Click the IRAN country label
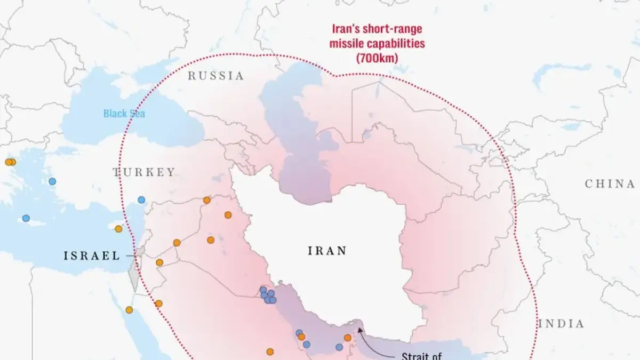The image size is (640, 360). click(x=327, y=250)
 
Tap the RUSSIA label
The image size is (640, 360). click(x=215, y=76)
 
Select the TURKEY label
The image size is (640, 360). click(x=143, y=172)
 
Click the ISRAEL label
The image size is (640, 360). click(x=92, y=256)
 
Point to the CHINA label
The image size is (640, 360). click(x=610, y=183)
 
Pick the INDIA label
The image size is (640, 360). click(x=561, y=324)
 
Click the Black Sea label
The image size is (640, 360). click(x=124, y=114)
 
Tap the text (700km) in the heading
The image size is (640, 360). click(x=378, y=58)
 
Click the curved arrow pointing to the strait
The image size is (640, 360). click(x=368, y=341)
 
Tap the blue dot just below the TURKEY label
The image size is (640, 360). click(x=141, y=199)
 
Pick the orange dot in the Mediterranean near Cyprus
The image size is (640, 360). click(x=118, y=228)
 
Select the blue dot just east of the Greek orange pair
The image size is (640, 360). click(x=52, y=181)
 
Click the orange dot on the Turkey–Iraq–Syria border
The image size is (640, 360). click(x=206, y=200)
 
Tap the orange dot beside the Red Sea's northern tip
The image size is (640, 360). click(x=129, y=309)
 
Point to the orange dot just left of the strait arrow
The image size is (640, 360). click(x=348, y=338)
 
